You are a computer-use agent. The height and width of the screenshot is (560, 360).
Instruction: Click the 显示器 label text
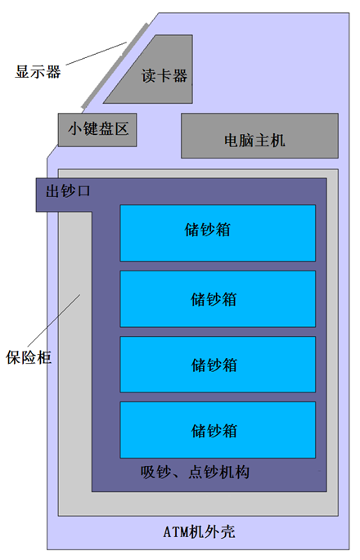pos(38,71)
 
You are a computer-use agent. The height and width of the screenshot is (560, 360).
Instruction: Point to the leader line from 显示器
pos(97,54)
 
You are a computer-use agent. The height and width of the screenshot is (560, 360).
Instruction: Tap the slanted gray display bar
pos(115,65)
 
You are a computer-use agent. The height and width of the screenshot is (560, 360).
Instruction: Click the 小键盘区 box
pos(97,130)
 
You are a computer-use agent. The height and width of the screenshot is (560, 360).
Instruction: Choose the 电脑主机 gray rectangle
pos(259,136)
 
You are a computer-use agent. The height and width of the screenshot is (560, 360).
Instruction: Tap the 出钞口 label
pos(68,191)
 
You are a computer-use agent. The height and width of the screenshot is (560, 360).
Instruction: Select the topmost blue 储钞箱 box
pos(218,233)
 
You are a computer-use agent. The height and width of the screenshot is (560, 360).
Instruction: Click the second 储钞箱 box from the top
pos(218,299)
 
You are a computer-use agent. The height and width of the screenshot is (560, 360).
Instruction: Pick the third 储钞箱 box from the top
pos(218,365)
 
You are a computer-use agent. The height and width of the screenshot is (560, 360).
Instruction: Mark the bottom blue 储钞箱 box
pos(218,430)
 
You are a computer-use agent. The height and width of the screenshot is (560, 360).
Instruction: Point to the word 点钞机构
pos(218,473)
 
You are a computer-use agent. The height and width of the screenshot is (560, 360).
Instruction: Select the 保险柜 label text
pos(29,357)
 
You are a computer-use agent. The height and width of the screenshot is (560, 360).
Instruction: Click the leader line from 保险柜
pos(54,320)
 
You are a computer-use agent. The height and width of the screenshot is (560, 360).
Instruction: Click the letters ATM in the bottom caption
pos(176,532)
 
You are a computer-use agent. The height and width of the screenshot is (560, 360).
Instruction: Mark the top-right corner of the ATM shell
pos(349,13)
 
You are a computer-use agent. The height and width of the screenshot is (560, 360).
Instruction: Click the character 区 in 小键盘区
pos(122,128)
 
